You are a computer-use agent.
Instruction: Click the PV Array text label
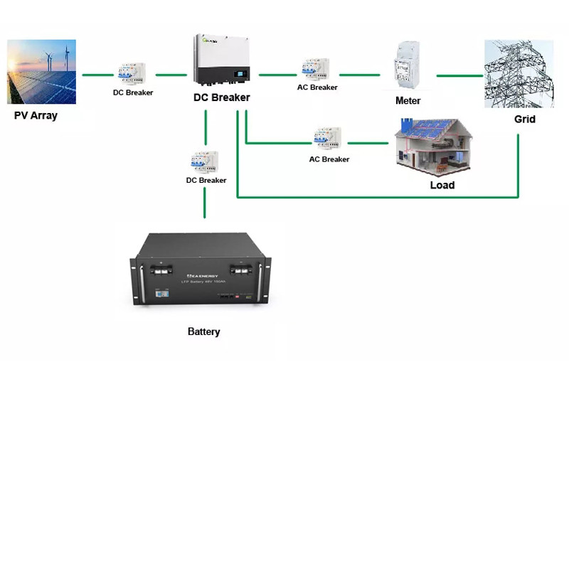coord(36,115)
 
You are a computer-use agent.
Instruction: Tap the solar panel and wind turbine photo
coord(41,72)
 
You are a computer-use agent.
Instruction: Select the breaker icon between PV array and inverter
coord(132,74)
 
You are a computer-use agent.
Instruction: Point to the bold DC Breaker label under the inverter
coord(221,97)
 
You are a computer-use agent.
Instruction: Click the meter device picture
coord(407,70)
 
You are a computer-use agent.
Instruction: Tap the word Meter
coord(408,101)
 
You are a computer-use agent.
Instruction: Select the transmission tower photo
coord(519,74)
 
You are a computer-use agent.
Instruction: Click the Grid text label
coord(524,119)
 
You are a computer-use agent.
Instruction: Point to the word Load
coord(442,185)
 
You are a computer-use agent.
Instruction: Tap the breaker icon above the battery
coord(204,161)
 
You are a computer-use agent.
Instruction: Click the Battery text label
coord(203,331)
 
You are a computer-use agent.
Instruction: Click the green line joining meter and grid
coord(459,75)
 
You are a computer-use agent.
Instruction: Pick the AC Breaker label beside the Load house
coord(329,159)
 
